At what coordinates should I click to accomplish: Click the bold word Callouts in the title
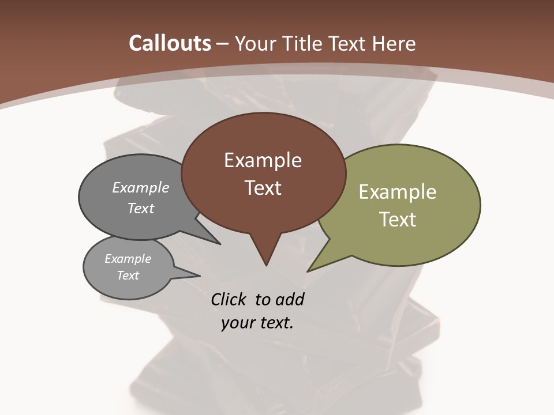pos(170,43)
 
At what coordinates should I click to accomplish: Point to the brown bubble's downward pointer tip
pos(266,265)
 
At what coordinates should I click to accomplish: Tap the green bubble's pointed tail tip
pos(308,271)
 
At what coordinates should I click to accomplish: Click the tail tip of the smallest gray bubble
pos(200,276)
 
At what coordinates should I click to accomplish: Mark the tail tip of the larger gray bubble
pos(220,244)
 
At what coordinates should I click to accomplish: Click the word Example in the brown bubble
pos(263,160)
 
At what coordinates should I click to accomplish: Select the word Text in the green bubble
pos(398,220)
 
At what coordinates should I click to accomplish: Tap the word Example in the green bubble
pos(398,192)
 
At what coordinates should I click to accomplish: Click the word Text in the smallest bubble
pos(128,276)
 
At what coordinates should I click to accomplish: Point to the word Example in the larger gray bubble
pos(141,187)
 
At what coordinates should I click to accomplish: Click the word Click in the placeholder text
pos(229,299)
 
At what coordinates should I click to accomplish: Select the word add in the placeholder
pos(290,299)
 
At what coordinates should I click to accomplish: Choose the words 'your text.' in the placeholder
pos(257,323)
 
